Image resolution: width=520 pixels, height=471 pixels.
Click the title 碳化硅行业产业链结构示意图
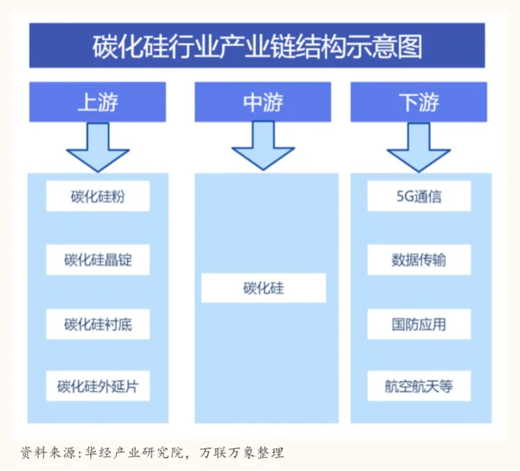257,47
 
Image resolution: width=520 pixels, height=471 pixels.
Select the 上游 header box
98,102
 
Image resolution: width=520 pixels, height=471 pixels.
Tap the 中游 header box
263,102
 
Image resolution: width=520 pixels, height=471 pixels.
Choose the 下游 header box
419,102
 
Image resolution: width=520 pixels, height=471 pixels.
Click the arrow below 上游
98,148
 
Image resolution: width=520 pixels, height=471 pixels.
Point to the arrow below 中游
263,146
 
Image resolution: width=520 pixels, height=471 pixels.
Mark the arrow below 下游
419,148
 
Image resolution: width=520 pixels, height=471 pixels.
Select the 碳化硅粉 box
98,196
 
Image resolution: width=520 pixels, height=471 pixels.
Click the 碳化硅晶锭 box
98,259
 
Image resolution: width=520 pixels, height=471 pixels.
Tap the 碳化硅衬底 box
98,324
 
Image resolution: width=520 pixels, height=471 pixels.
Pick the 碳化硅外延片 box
98,386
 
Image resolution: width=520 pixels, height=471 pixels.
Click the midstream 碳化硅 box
264,288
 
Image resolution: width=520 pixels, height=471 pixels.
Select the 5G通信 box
419,196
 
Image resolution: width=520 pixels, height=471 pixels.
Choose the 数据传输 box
419,259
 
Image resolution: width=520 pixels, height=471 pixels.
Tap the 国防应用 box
419,324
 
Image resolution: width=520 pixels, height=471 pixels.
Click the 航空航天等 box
419,386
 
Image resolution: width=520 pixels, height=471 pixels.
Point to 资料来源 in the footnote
48,453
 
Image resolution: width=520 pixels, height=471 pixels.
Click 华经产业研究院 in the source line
134,453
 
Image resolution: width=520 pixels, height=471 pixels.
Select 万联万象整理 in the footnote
242,453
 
